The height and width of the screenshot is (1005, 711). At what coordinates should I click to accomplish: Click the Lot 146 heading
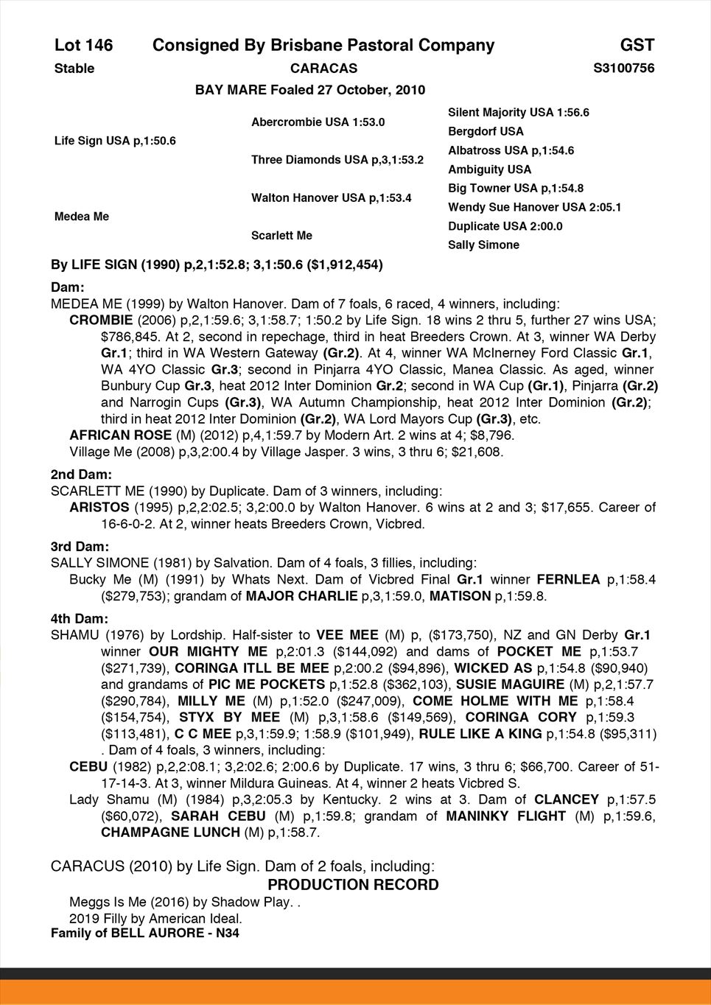coord(84,46)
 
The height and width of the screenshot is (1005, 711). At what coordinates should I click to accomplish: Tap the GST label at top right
coord(637,46)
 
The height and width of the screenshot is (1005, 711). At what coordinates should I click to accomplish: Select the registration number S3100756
coord(623,69)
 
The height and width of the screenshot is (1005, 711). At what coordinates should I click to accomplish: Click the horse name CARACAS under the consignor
coord(323,69)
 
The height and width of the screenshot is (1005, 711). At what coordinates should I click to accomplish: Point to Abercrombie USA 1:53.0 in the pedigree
coord(318,122)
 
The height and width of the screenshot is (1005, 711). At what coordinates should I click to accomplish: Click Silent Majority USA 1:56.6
coord(518,113)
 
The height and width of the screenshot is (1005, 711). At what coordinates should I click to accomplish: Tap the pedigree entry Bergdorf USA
coord(486,132)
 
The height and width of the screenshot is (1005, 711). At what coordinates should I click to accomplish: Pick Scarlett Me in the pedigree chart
coord(281,236)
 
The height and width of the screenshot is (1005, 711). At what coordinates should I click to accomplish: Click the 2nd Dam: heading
coord(81,475)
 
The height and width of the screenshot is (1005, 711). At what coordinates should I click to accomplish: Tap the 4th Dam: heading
coord(80,619)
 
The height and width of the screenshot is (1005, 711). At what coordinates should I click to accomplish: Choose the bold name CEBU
coord(88,767)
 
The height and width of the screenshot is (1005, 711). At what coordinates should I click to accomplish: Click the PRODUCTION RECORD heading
coord(353,885)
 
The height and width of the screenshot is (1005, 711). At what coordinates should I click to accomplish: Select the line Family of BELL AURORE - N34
coord(144,934)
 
